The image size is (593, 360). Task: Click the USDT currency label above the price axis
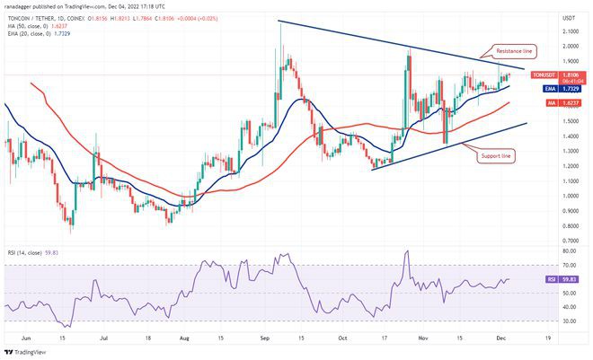(568, 18)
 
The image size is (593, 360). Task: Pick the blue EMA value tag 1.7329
(568, 89)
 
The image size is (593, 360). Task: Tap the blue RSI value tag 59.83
(568, 278)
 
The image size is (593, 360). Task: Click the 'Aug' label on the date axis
(184, 339)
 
